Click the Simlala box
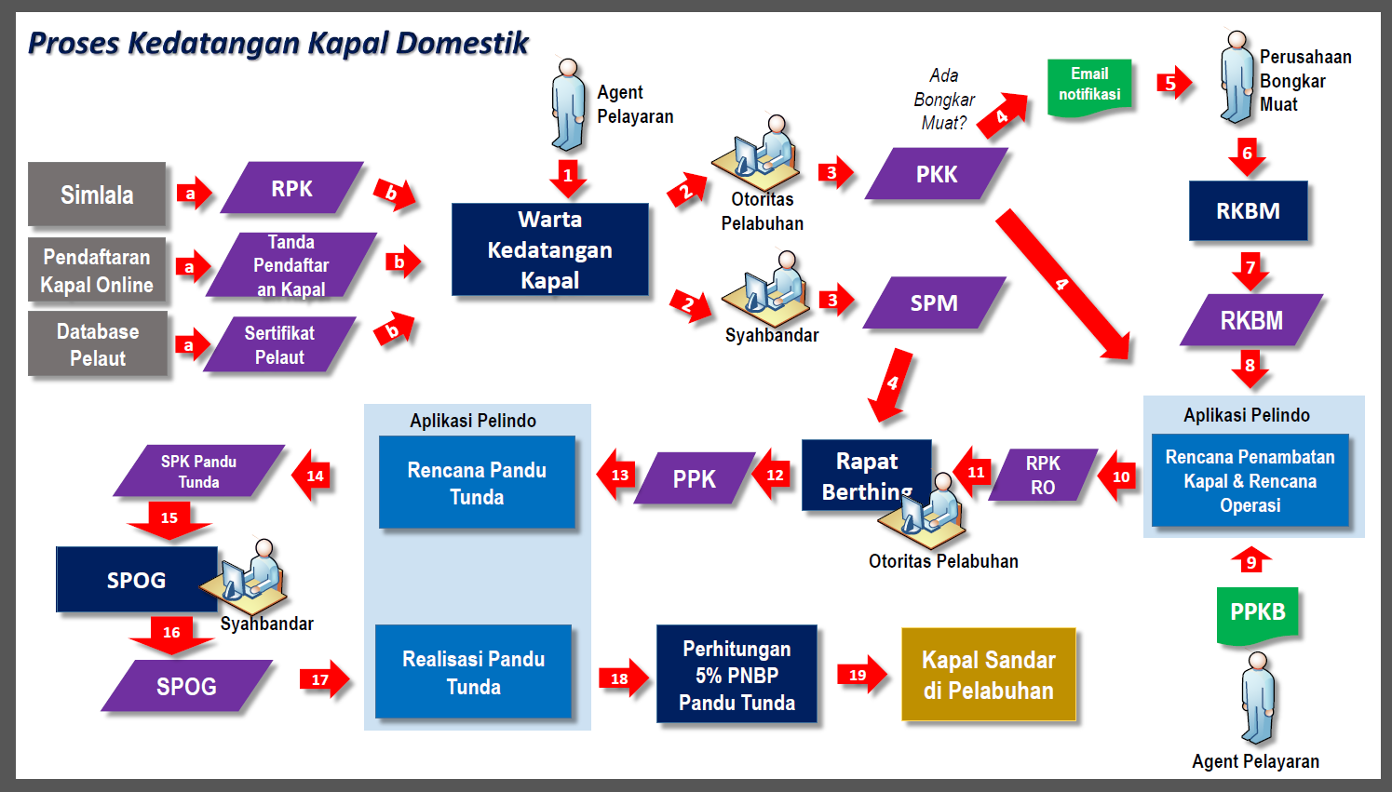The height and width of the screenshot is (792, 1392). (97, 195)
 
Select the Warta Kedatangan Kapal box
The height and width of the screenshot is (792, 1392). (549, 249)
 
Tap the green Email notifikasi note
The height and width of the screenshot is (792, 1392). (1089, 87)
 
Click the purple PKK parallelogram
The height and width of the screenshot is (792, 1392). (936, 174)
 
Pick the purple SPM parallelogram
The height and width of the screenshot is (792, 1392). (934, 302)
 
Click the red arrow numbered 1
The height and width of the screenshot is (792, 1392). (568, 177)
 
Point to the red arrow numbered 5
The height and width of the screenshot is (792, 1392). (1172, 83)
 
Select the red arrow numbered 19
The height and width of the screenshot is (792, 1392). (861, 675)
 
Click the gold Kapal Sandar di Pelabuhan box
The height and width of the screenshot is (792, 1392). (988, 675)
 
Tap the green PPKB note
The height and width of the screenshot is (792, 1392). (1257, 613)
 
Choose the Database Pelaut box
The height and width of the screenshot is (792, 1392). (98, 344)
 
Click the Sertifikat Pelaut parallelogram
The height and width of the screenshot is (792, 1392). (279, 344)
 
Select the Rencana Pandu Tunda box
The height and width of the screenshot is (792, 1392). (477, 483)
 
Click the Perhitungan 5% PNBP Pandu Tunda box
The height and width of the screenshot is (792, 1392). (737, 675)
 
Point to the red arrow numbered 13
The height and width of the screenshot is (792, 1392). (617, 475)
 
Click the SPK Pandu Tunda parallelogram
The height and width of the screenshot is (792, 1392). (198, 471)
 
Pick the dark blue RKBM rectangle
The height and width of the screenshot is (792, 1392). (1248, 211)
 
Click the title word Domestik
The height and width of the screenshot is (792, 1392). (462, 43)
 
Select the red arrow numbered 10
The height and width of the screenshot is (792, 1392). (1118, 477)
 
